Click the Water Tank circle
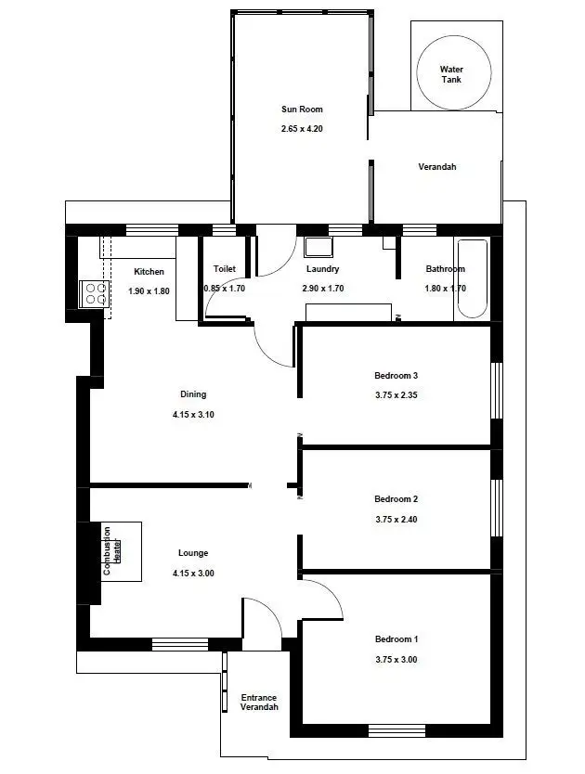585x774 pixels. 451,74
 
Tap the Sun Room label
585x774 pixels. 302,110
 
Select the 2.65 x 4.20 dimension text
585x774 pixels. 302,128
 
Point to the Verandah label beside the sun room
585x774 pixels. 436,167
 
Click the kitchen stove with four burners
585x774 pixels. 95,294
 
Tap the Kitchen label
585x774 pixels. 149,272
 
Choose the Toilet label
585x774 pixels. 225,269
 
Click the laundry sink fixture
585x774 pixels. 319,248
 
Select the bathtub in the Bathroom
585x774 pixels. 472,279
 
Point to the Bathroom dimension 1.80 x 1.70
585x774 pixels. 445,289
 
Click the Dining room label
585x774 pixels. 193,394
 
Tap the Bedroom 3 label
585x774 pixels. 396,376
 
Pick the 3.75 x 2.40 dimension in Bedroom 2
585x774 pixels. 396,519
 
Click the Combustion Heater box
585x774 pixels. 121,551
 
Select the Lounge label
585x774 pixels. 193,553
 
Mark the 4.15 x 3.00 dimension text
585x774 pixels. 193,573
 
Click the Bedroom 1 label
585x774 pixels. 396,639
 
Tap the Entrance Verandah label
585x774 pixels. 259,703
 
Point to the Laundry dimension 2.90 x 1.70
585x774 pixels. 323,289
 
